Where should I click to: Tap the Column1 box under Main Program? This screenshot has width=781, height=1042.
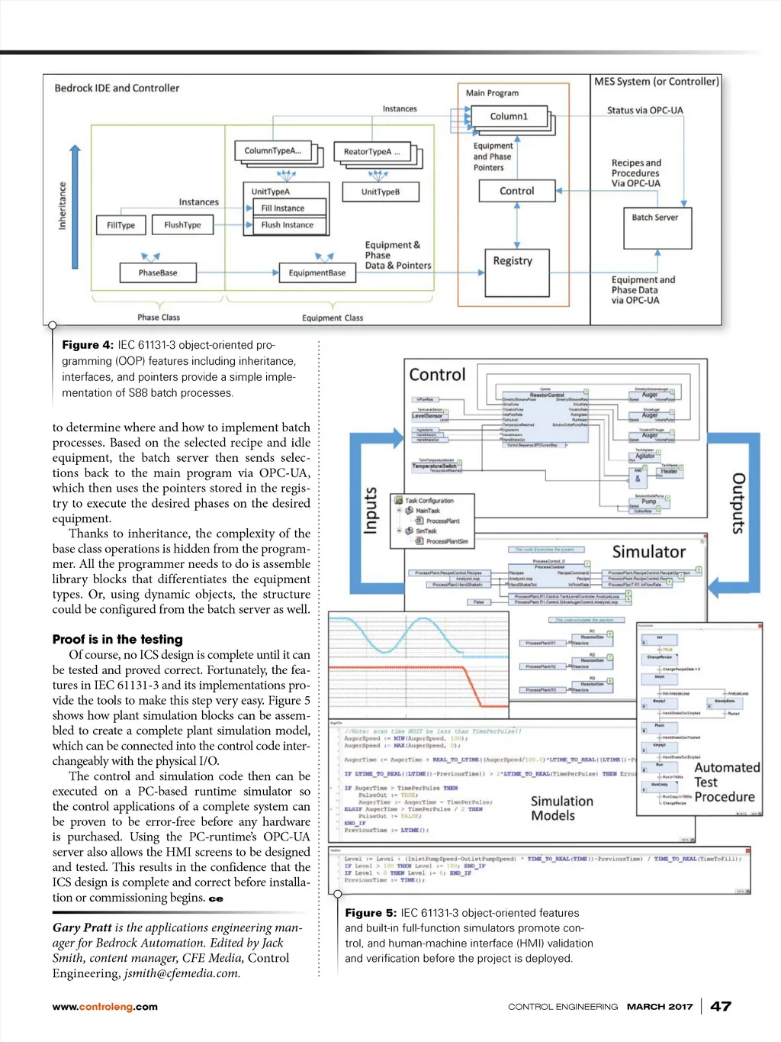[509, 117]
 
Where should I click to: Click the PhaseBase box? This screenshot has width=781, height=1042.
[158, 273]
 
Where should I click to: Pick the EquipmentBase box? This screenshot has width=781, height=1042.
[317, 273]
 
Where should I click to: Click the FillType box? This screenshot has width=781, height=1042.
[121, 225]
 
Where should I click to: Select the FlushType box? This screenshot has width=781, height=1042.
[182, 225]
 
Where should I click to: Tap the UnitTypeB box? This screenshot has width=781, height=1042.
[380, 192]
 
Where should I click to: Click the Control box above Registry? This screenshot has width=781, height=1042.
[517, 191]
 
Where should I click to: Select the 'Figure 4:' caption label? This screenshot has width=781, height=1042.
[88, 345]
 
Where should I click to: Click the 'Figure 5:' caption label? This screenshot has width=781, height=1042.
[371, 913]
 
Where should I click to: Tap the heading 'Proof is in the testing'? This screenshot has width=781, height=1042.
[117, 640]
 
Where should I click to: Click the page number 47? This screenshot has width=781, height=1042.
[721, 1006]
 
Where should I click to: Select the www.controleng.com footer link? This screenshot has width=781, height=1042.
[104, 1007]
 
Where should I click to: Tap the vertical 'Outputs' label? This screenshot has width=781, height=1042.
[738, 503]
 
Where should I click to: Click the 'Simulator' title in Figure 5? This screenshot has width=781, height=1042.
[648, 552]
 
